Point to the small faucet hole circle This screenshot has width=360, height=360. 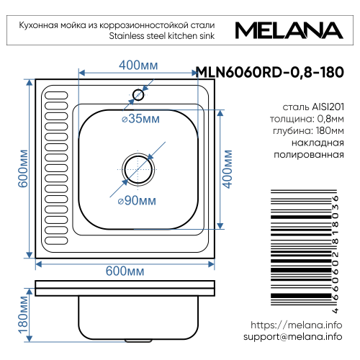click(x=138, y=94)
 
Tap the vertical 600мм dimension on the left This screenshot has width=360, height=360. click(x=23, y=169)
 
